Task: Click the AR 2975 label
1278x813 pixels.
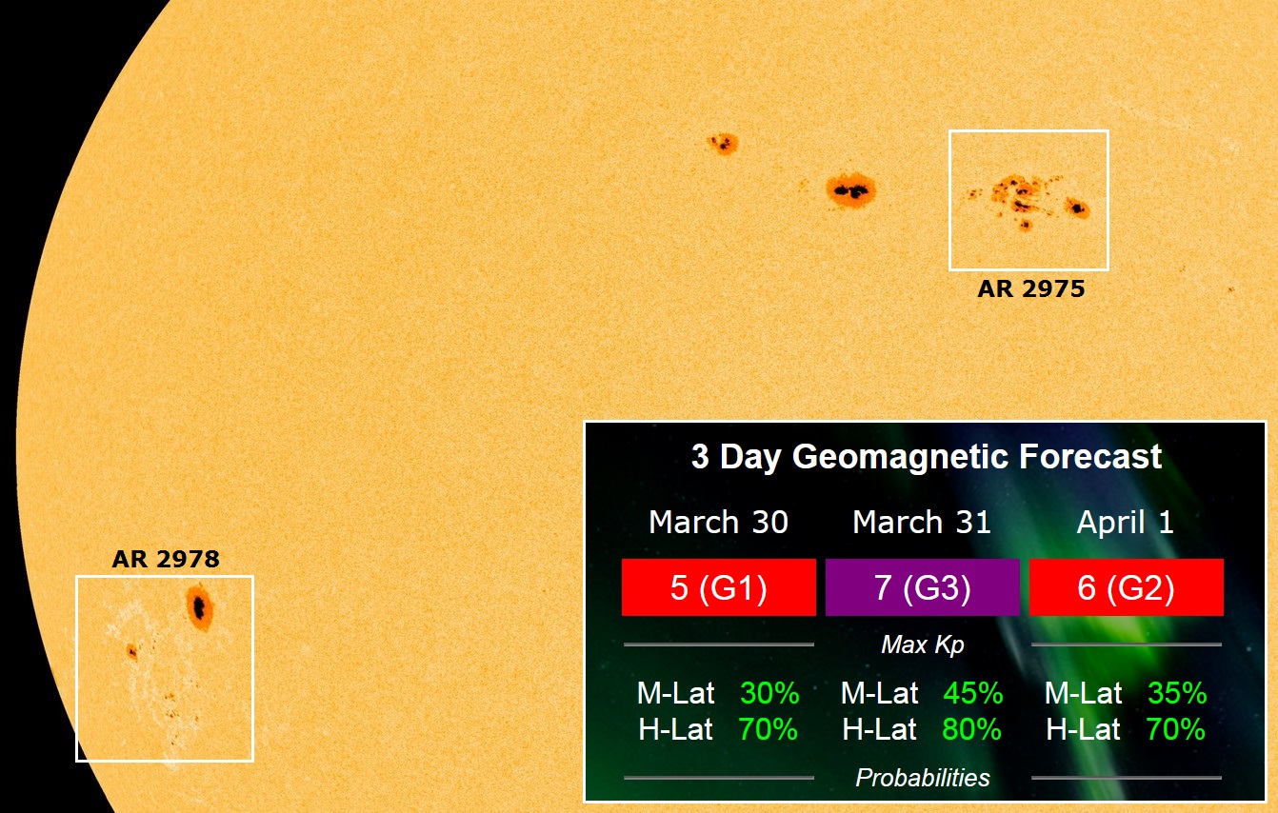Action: pyautogui.click(x=1031, y=288)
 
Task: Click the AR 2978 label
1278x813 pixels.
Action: pyautogui.click(x=166, y=559)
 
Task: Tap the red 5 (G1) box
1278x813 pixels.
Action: pyautogui.click(x=718, y=587)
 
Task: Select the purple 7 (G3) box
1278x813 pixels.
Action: pyautogui.click(x=922, y=587)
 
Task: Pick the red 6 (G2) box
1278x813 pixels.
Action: pyautogui.click(x=1127, y=587)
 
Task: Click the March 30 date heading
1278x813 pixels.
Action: pyautogui.click(x=718, y=522)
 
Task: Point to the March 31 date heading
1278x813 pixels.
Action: pyautogui.click(x=922, y=522)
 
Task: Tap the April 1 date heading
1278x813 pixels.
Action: pyautogui.click(x=1125, y=523)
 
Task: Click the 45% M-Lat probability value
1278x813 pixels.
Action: pyautogui.click(x=972, y=693)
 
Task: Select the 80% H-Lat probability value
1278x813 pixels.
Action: pyautogui.click(x=971, y=729)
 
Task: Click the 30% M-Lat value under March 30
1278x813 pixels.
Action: pyautogui.click(x=769, y=693)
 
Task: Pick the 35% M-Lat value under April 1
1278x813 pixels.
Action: pyautogui.click(x=1177, y=693)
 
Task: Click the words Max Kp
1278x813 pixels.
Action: pyautogui.click(x=923, y=644)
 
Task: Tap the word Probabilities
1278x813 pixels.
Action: pyautogui.click(x=923, y=778)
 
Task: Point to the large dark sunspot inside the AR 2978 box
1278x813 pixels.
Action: pyautogui.click(x=200, y=607)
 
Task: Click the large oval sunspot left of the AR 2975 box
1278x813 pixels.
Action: pyautogui.click(x=851, y=190)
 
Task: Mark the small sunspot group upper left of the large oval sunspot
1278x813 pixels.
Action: pyautogui.click(x=723, y=143)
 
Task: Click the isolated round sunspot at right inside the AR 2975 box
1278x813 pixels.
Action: pyautogui.click(x=1077, y=208)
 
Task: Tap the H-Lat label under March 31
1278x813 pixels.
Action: pyautogui.click(x=879, y=729)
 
